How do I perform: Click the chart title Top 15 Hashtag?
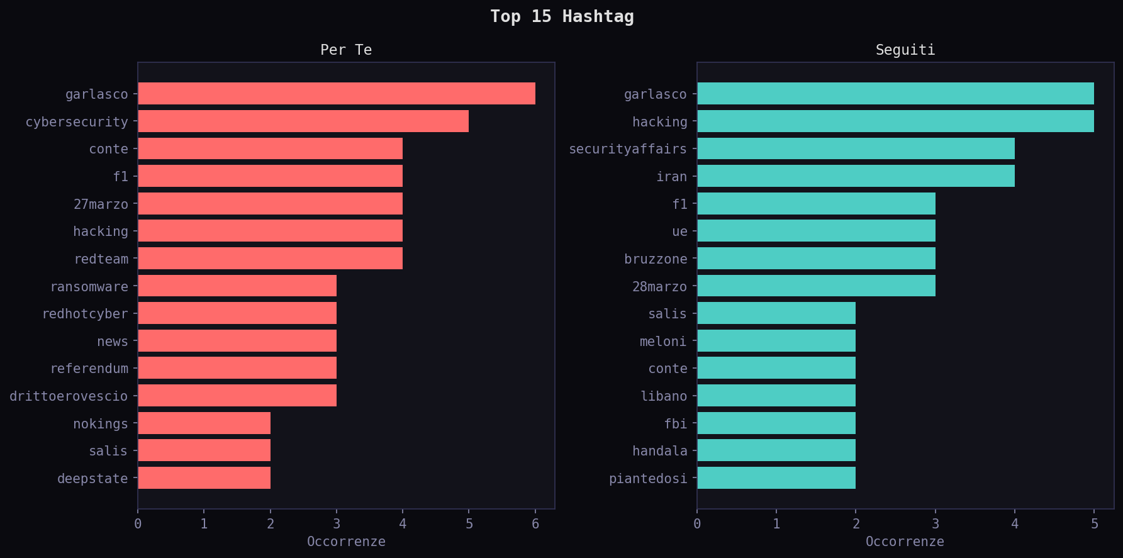pos(562,16)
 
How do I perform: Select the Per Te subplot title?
pos(346,50)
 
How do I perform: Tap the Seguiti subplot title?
pos(905,50)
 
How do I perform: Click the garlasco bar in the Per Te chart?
pos(337,94)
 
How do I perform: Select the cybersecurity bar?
pos(303,121)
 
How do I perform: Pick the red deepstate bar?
pos(204,478)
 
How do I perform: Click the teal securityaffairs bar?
pos(856,149)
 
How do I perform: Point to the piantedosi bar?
pos(776,478)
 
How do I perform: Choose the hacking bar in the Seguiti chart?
pos(895,121)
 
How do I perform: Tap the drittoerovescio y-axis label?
pos(69,396)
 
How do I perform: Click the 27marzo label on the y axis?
pos(101,204)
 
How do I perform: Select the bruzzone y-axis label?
pos(656,259)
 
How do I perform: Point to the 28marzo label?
pos(659,287)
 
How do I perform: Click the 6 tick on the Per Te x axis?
pos(535,524)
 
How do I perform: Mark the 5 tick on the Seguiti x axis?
pos(1094,524)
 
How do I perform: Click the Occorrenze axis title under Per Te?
pos(346,542)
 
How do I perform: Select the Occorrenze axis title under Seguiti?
pos(905,542)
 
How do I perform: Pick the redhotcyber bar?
pos(237,313)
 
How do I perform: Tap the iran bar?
pos(856,176)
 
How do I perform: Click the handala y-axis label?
pos(659,451)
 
